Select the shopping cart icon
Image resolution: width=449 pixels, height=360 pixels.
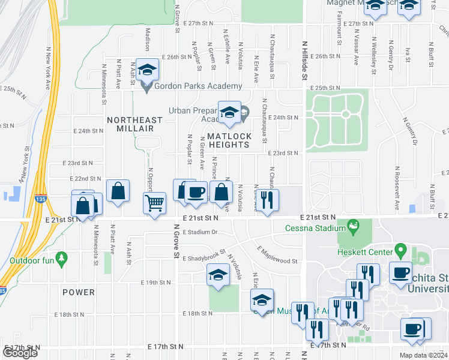(155, 203)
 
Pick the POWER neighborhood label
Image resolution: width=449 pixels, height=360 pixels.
(78, 292)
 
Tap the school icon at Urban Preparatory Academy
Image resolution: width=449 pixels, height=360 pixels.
(229, 112)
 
